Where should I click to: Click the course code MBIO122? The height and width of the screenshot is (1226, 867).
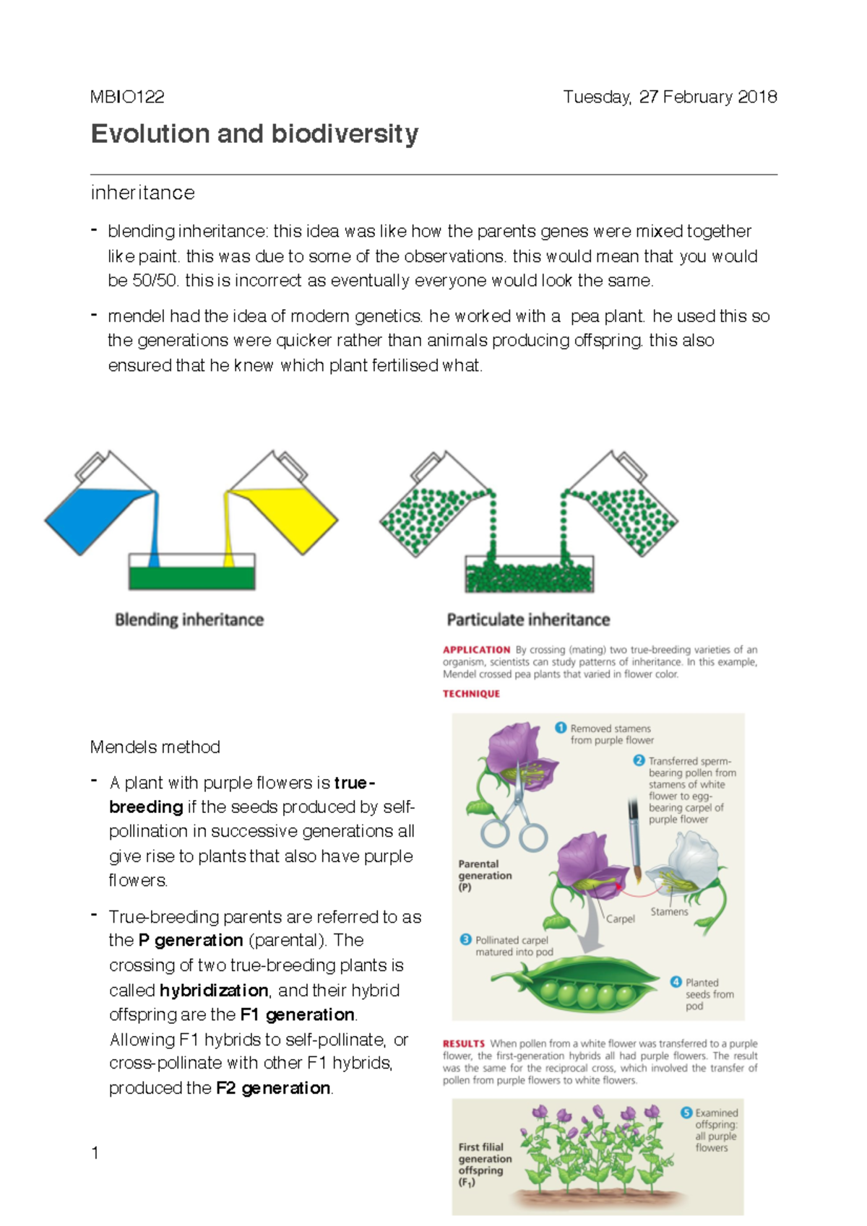pyautogui.click(x=127, y=97)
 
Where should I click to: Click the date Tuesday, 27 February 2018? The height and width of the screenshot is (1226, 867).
pyautogui.click(x=670, y=97)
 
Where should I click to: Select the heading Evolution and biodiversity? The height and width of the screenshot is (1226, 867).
pyautogui.click(x=254, y=134)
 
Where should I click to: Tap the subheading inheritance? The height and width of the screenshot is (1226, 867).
pyautogui.click(x=142, y=193)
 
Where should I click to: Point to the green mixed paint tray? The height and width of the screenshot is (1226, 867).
pyautogui.click(x=191, y=578)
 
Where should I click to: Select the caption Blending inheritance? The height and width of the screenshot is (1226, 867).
pyautogui.click(x=189, y=619)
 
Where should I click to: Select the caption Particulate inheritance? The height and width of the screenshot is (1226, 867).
pyautogui.click(x=528, y=619)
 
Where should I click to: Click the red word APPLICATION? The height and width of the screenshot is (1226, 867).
pyautogui.click(x=476, y=650)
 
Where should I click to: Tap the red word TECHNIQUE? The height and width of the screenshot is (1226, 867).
pyautogui.click(x=471, y=694)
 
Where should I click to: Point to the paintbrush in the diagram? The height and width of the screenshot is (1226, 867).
pyautogui.click(x=634, y=838)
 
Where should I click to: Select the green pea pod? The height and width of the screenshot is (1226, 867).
pyautogui.click(x=585, y=983)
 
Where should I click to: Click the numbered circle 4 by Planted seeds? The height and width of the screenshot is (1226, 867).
pyautogui.click(x=676, y=982)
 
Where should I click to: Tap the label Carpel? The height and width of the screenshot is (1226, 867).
pyautogui.click(x=620, y=919)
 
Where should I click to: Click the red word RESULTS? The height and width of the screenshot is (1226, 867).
pyautogui.click(x=463, y=1044)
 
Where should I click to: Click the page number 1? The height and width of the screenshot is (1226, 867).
pyautogui.click(x=95, y=1152)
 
